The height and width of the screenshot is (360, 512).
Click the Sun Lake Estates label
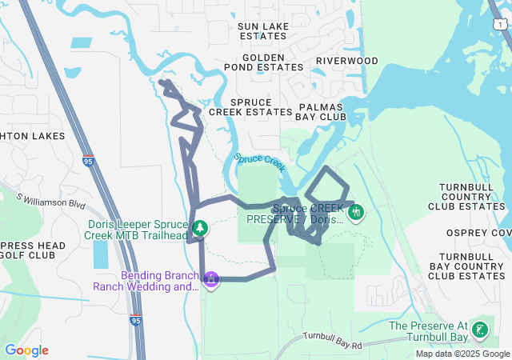[x=263, y=31]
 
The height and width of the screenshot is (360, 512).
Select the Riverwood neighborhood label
[x=346, y=61]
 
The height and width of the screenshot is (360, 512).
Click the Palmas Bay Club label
[x=321, y=111]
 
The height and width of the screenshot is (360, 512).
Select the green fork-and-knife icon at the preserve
[x=356, y=213]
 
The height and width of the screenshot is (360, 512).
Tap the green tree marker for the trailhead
[x=200, y=229]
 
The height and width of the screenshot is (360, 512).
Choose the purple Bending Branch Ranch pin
[x=210, y=280]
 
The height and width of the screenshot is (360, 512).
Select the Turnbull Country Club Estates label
[x=472, y=196]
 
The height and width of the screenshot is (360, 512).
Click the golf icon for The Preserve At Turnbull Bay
[x=480, y=330]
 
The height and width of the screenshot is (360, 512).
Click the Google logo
[x=26, y=350]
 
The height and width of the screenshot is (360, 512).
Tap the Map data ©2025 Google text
[x=462, y=354]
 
